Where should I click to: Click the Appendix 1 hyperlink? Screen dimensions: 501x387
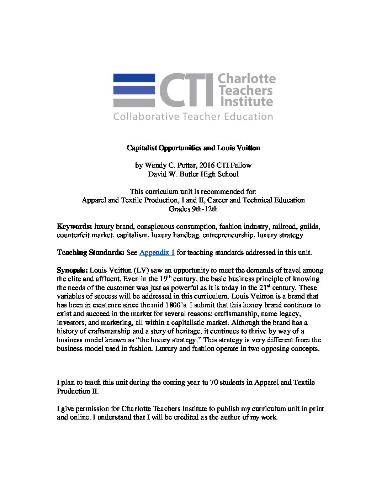click(157, 253)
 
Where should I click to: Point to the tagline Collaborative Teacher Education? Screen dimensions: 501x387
click(193, 117)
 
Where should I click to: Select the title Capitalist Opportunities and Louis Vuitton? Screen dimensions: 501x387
click(193, 148)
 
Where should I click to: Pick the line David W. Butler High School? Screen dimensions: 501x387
click(193, 174)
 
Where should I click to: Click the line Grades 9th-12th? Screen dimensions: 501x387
click(193, 209)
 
